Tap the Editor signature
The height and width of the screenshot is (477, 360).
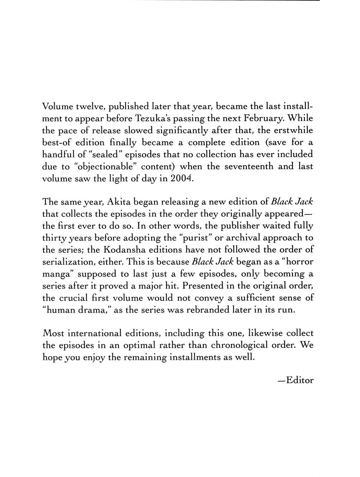tap(296, 380)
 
